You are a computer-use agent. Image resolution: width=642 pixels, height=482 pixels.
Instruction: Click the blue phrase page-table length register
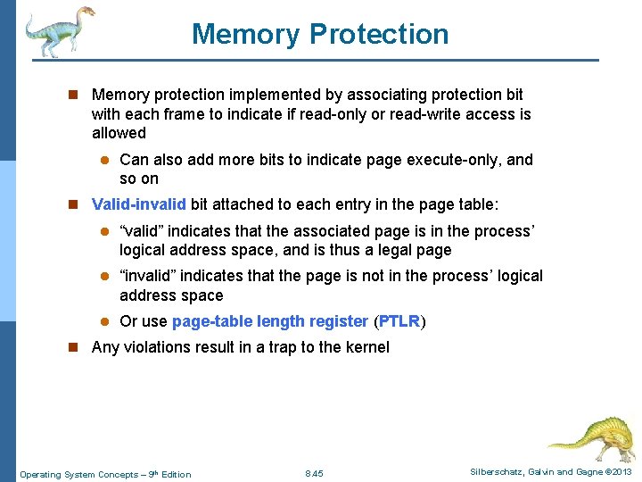[269, 321]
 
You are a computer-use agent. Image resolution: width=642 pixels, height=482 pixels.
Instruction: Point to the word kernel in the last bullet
[366, 347]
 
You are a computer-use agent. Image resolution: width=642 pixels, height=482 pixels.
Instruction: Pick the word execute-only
[457, 160]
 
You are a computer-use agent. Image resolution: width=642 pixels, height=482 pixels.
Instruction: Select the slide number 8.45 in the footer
[314, 473]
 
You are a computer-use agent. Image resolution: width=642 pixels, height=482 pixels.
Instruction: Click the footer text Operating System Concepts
[78, 474]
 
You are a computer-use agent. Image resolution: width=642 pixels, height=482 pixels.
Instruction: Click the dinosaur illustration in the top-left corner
[59, 31]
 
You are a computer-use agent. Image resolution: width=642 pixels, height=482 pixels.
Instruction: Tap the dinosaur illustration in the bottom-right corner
[589, 437]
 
